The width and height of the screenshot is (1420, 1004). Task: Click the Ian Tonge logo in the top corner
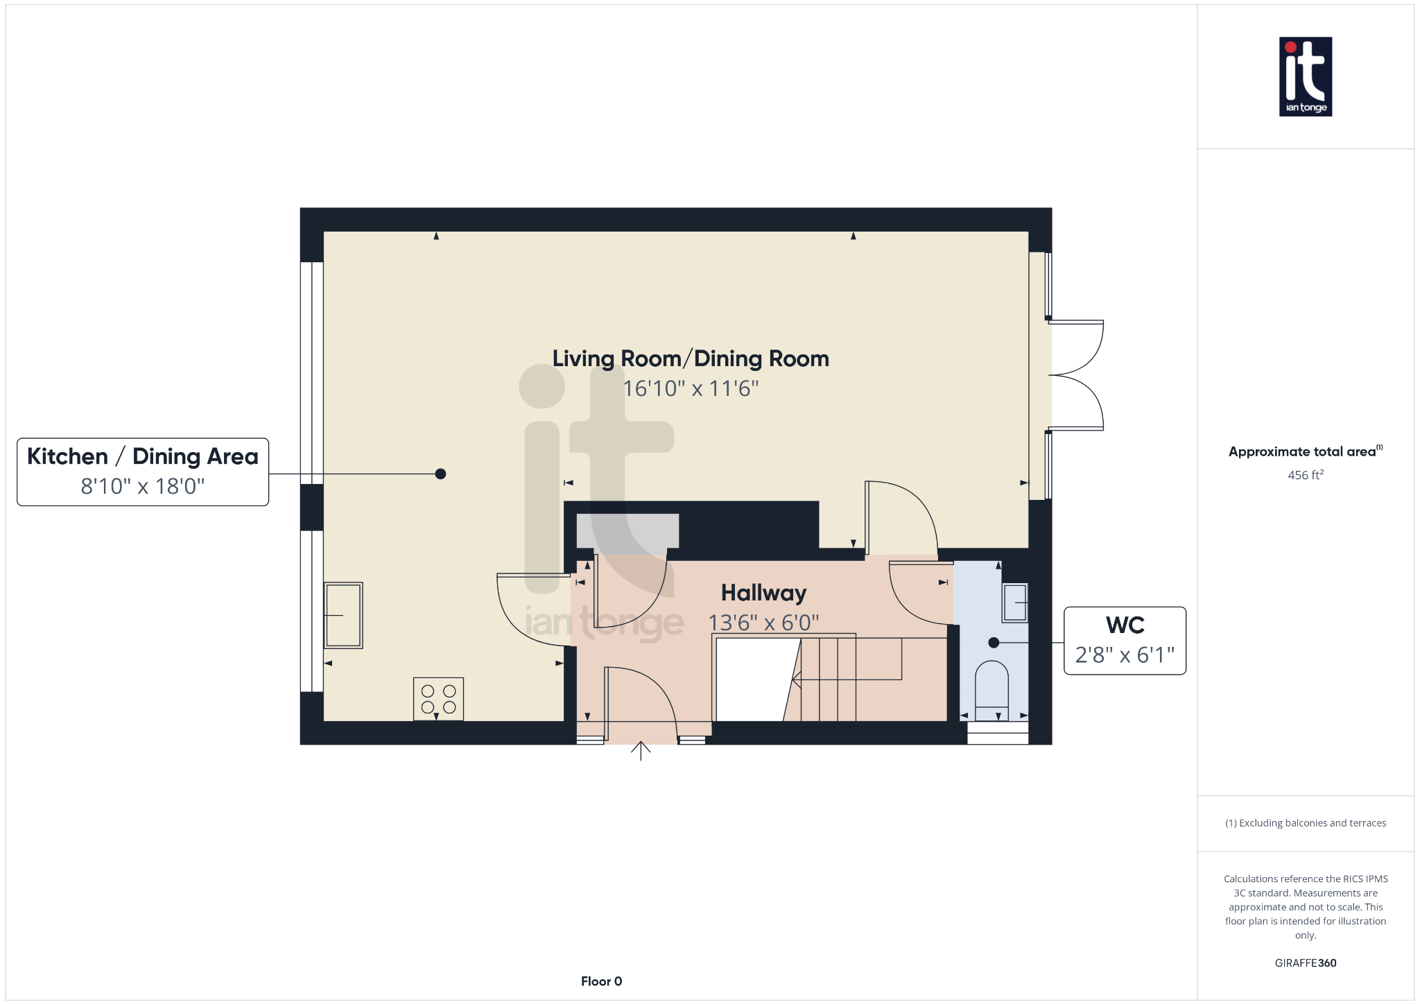pyautogui.click(x=1306, y=76)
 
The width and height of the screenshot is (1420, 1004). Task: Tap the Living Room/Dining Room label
pyautogui.click(x=691, y=358)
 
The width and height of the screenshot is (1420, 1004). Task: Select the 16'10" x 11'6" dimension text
pyautogui.click(x=691, y=388)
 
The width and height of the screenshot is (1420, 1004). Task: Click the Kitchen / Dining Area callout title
pyautogui.click(x=143, y=456)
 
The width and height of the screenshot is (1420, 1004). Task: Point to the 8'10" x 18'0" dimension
pyautogui.click(x=143, y=486)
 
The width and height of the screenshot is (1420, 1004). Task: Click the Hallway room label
pyautogui.click(x=763, y=593)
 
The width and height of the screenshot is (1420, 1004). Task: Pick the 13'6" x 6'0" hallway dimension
pyautogui.click(x=763, y=623)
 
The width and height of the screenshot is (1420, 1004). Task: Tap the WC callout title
pyautogui.click(x=1125, y=625)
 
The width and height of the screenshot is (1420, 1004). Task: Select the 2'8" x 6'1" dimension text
pyautogui.click(x=1125, y=655)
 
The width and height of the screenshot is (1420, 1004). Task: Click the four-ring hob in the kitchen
pyautogui.click(x=439, y=699)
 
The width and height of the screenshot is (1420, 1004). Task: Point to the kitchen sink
pyautogui.click(x=343, y=615)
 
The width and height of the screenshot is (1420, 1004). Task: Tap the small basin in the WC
pyautogui.click(x=1015, y=603)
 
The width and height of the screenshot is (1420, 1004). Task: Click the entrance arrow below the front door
pyautogui.click(x=641, y=751)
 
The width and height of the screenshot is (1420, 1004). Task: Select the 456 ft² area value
pyautogui.click(x=1306, y=475)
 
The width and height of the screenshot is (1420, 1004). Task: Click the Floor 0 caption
pyautogui.click(x=602, y=981)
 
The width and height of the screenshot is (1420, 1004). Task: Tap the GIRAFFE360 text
pyautogui.click(x=1306, y=963)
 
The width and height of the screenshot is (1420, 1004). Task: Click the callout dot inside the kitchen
pyautogui.click(x=440, y=474)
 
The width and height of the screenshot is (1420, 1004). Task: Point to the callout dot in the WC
pyautogui.click(x=994, y=643)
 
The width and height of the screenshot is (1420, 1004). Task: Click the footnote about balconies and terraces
pyautogui.click(x=1306, y=823)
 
